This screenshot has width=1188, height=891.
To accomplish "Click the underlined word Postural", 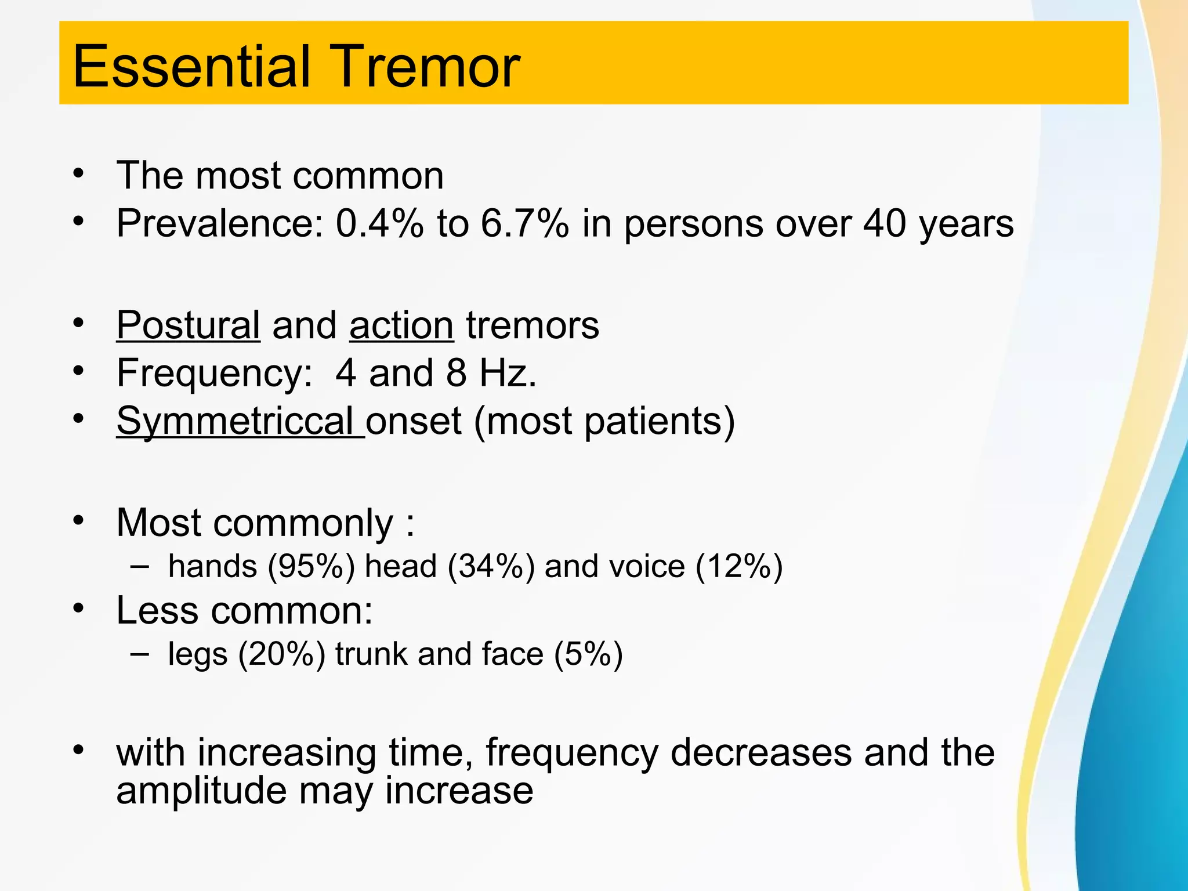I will tap(188, 325).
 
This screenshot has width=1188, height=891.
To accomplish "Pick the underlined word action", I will tap(401, 325).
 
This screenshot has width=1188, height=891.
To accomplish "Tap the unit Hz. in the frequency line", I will tap(508, 373).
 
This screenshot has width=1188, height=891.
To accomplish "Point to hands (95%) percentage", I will tap(311, 566).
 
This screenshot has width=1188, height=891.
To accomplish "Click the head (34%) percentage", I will tap(491, 566).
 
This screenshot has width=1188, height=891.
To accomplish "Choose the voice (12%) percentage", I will tap(738, 566).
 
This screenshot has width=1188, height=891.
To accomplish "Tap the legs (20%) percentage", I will tap(282, 654).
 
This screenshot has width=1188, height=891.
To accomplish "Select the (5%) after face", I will tap(588, 654).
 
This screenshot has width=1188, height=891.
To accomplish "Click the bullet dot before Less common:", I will tap(79, 609).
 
